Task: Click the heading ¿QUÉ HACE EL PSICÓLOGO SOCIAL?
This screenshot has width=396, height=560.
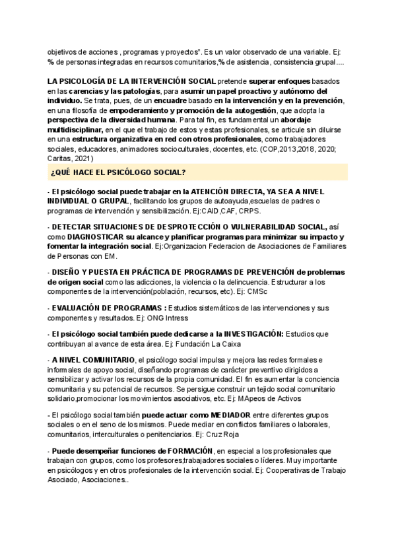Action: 117,172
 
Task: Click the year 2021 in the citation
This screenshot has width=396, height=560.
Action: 82,158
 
